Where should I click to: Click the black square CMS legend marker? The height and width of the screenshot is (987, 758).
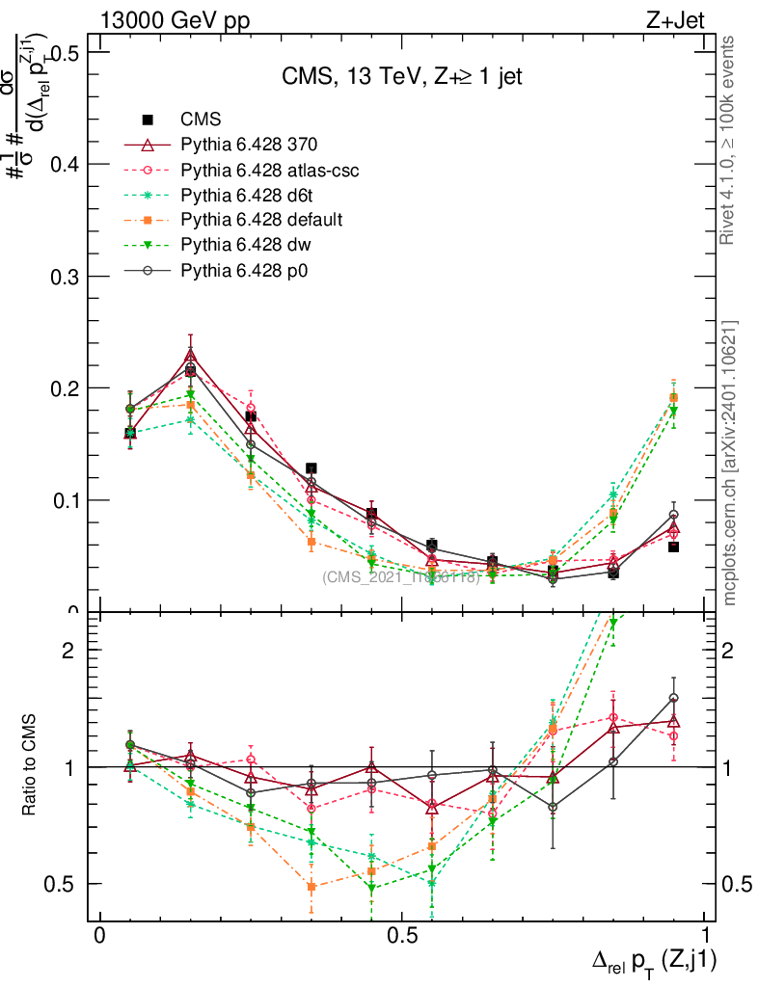tap(149, 120)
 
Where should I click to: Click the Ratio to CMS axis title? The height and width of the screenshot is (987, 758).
tap(32, 767)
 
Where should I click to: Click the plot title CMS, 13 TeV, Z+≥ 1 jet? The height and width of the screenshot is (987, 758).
tap(402, 78)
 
